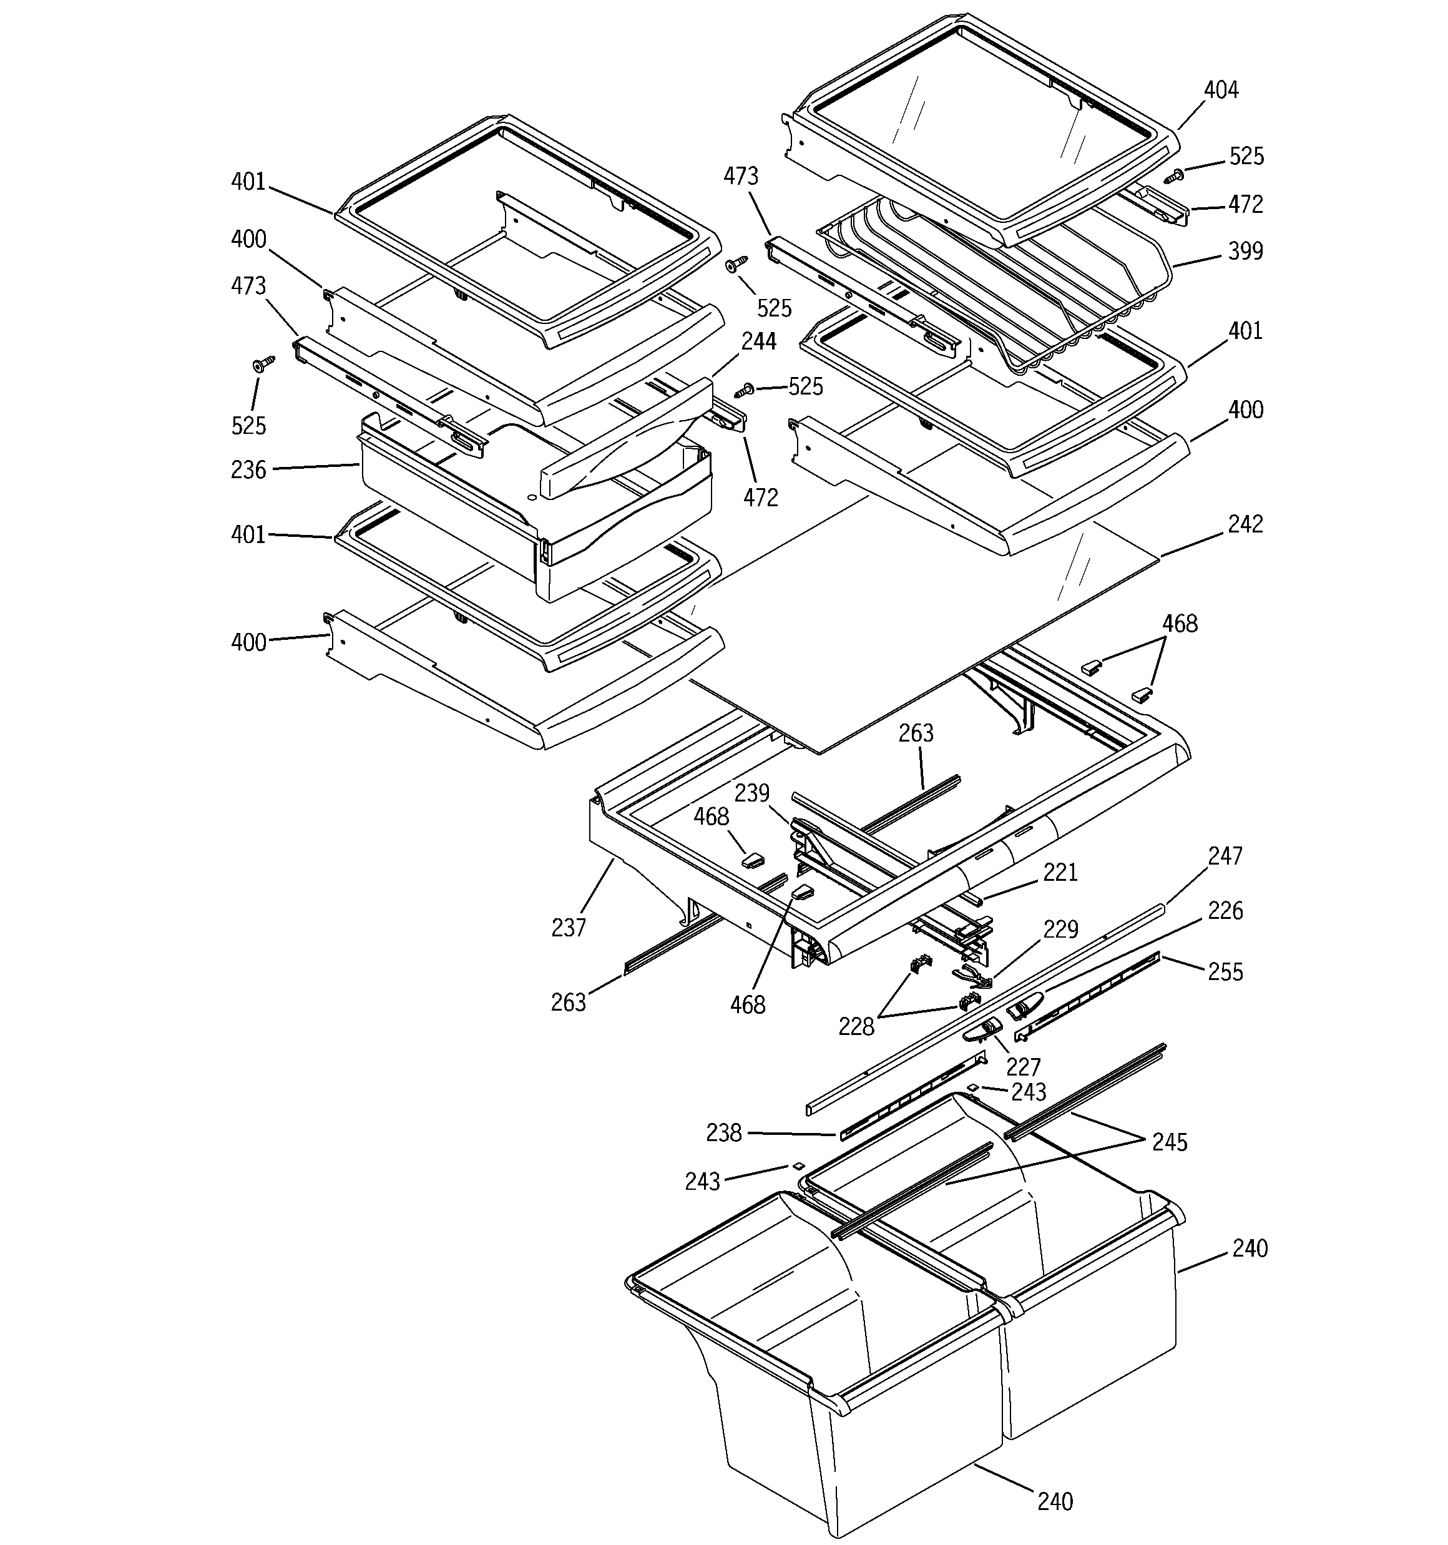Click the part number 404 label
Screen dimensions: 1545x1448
point(1220,90)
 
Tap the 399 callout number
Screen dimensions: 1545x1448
point(1245,251)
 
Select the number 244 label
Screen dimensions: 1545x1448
point(758,341)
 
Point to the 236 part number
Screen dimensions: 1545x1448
point(248,469)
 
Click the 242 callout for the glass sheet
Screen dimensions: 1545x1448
point(1245,524)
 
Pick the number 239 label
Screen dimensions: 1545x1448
point(751,793)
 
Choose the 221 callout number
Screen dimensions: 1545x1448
point(1060,873)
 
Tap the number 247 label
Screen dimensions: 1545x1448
point(1225,856)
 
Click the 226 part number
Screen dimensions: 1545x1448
point(1225,910)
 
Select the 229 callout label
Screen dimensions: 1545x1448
point(1060,929)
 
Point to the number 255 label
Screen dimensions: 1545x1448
point(1225,971)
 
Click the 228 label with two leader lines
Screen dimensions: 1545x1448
point(856,1027)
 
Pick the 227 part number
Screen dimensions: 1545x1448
point(1023,1066)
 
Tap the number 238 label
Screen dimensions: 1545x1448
point(723,1133)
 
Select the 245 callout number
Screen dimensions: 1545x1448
point(1170,1142)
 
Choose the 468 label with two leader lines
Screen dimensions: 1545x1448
point(1179,623)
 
